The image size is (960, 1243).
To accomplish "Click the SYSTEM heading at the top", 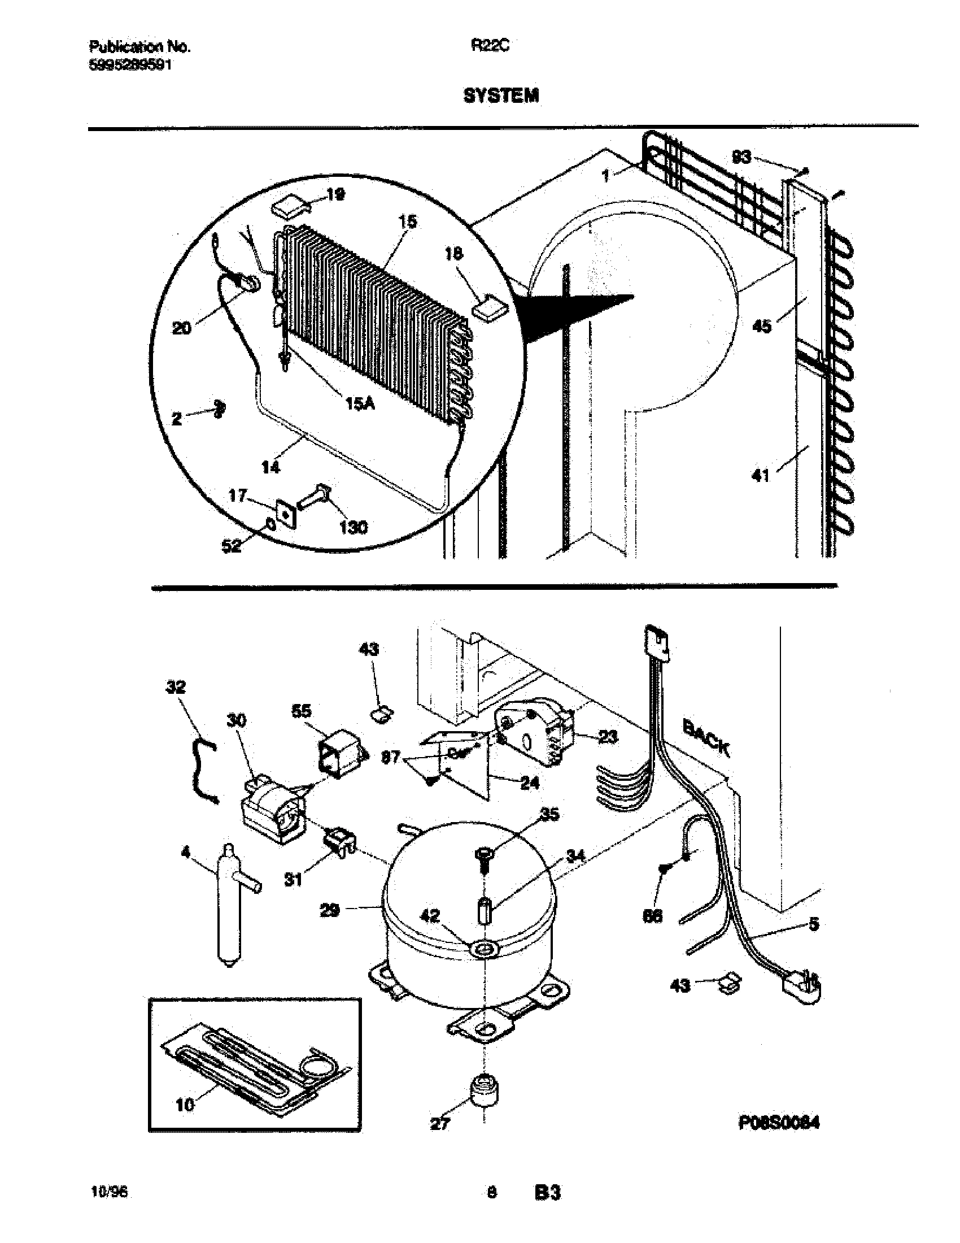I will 501,96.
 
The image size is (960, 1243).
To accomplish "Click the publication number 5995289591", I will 131,66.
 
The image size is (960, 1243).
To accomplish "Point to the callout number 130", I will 353,528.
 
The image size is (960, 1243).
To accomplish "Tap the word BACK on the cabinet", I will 705,737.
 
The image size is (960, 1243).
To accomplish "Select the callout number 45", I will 762,326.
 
